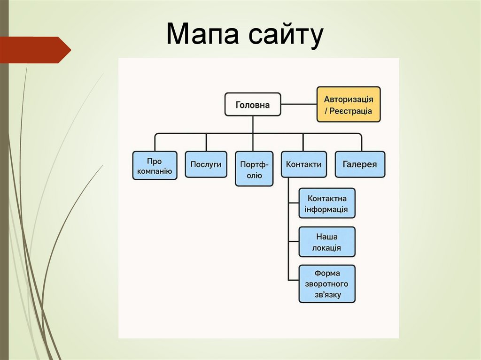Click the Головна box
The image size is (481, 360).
(252, 104)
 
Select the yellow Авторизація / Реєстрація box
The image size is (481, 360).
(348, 105)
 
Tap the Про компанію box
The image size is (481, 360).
(155, 165)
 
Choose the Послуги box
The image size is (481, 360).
(206, 164)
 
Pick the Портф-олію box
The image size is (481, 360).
(254, 169)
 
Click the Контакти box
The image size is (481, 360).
(303, 164)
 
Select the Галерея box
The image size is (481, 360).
(360, 164)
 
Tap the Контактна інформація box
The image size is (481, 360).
(326, 203)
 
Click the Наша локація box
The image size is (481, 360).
(326, 242)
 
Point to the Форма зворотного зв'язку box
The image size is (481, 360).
(326, 283)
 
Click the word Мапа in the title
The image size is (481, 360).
(198, 35)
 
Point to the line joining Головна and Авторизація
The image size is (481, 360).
(299, 104)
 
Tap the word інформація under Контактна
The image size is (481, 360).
(326, 209)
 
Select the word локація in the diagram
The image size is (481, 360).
(326, 248)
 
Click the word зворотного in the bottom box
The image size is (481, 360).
(326, 284)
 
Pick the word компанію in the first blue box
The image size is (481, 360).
(155, 171)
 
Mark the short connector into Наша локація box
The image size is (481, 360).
(294, 242)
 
